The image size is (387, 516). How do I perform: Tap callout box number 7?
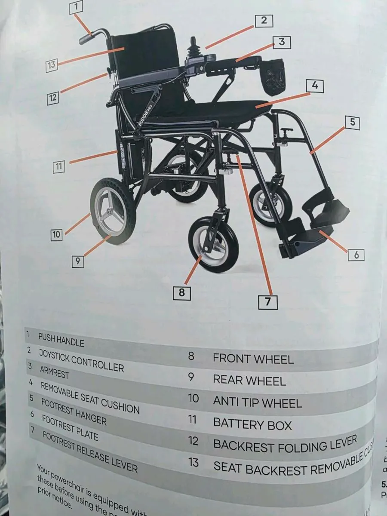tap(268, 301)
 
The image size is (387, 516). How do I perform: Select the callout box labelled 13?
tap(52, 65)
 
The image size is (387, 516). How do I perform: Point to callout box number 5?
tap(352, 122)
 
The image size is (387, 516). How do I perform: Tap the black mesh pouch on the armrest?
tap(274, 77)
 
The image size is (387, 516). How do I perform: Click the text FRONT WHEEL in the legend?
tap(253, 359)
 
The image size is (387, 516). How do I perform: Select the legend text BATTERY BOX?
tap(252, 424)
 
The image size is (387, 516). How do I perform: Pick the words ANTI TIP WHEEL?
tap(257, 403)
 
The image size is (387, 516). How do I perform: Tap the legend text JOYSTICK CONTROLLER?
tap(81, 360)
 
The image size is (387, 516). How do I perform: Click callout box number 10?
tap(56, 235)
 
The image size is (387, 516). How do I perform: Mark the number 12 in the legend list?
tap(193, 441)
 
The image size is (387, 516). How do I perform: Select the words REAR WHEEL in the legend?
tap(249, 381)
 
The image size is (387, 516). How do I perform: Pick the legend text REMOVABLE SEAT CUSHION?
tap(90, 397)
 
